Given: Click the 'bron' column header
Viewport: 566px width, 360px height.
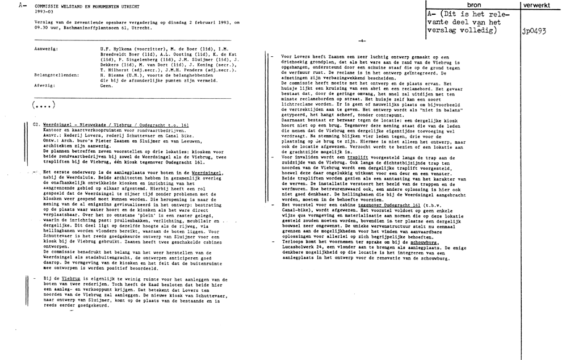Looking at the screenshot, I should click(x=472, y=4).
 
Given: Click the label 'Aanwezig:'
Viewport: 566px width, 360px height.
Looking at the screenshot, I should click(x=45, y=50).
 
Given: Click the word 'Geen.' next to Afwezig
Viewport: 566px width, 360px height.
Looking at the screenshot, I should click(x=106, y=85).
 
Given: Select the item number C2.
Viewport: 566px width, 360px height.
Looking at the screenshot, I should click(x=36, y=123).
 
